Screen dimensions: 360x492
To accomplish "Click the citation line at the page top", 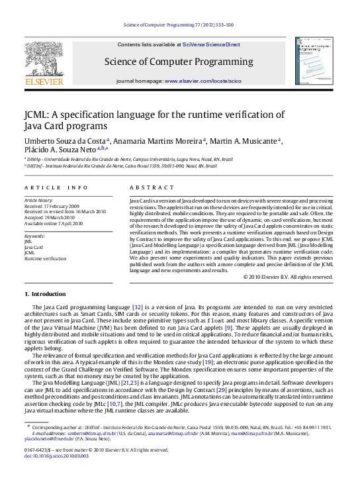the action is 179,25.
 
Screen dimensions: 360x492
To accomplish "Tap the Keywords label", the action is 34,235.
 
